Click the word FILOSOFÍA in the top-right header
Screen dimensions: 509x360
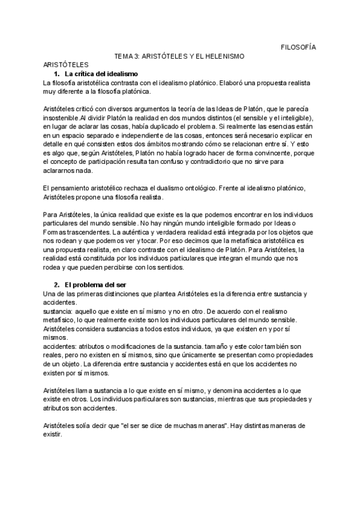point(299,47)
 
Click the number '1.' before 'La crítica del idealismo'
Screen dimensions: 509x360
point(57,73)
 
